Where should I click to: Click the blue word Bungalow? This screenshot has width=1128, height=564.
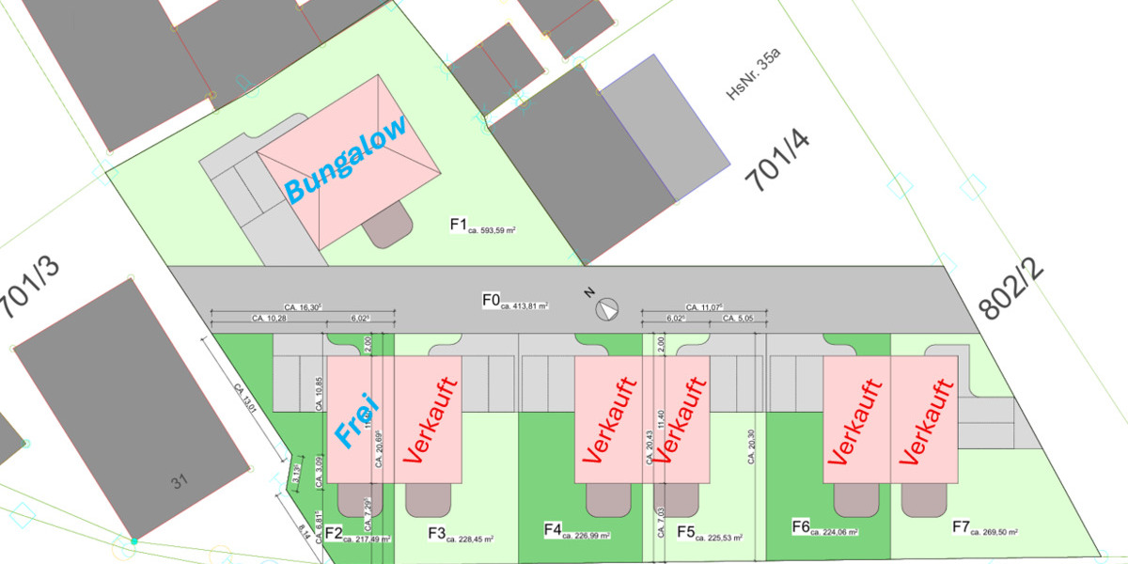coord(346,159)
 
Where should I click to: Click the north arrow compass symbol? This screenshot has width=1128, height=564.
coord(608,308)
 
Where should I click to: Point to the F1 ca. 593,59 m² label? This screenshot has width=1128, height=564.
coord(483,226)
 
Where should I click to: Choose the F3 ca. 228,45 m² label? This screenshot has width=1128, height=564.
coord(461,535)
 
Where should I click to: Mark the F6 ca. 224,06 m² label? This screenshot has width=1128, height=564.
coord(825,528)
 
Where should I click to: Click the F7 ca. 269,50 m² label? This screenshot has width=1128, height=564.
coord(986,528)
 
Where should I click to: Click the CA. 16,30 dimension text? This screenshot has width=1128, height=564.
coord(303,306)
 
